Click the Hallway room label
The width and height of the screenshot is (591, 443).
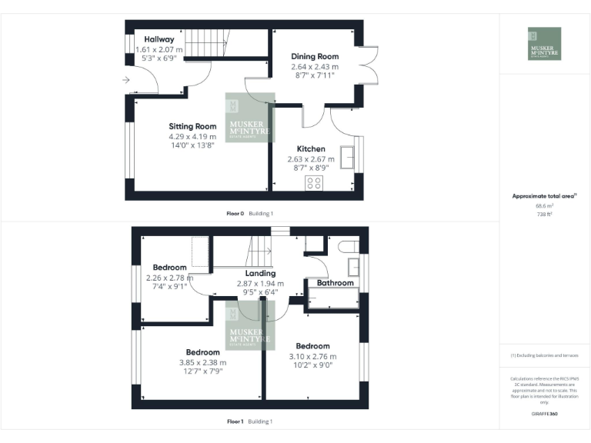point(159,39)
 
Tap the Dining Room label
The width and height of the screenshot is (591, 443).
point(315,56)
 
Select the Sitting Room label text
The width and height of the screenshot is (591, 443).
point(192,126)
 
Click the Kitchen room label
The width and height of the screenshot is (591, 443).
point(312,148)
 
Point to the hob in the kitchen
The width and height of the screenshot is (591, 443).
point(314,182)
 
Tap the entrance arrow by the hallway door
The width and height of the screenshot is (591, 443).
point(126,79)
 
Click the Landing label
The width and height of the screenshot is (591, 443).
point(260,273)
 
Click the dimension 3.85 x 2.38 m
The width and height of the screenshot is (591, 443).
point(203,362)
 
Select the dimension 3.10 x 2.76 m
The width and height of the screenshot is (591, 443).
point(312,356)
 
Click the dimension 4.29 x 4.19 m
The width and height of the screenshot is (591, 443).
point(192,137)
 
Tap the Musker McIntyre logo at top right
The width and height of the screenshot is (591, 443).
point(544,44)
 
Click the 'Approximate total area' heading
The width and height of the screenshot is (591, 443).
point(543,196)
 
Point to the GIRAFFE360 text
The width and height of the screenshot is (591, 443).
point(543,415)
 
